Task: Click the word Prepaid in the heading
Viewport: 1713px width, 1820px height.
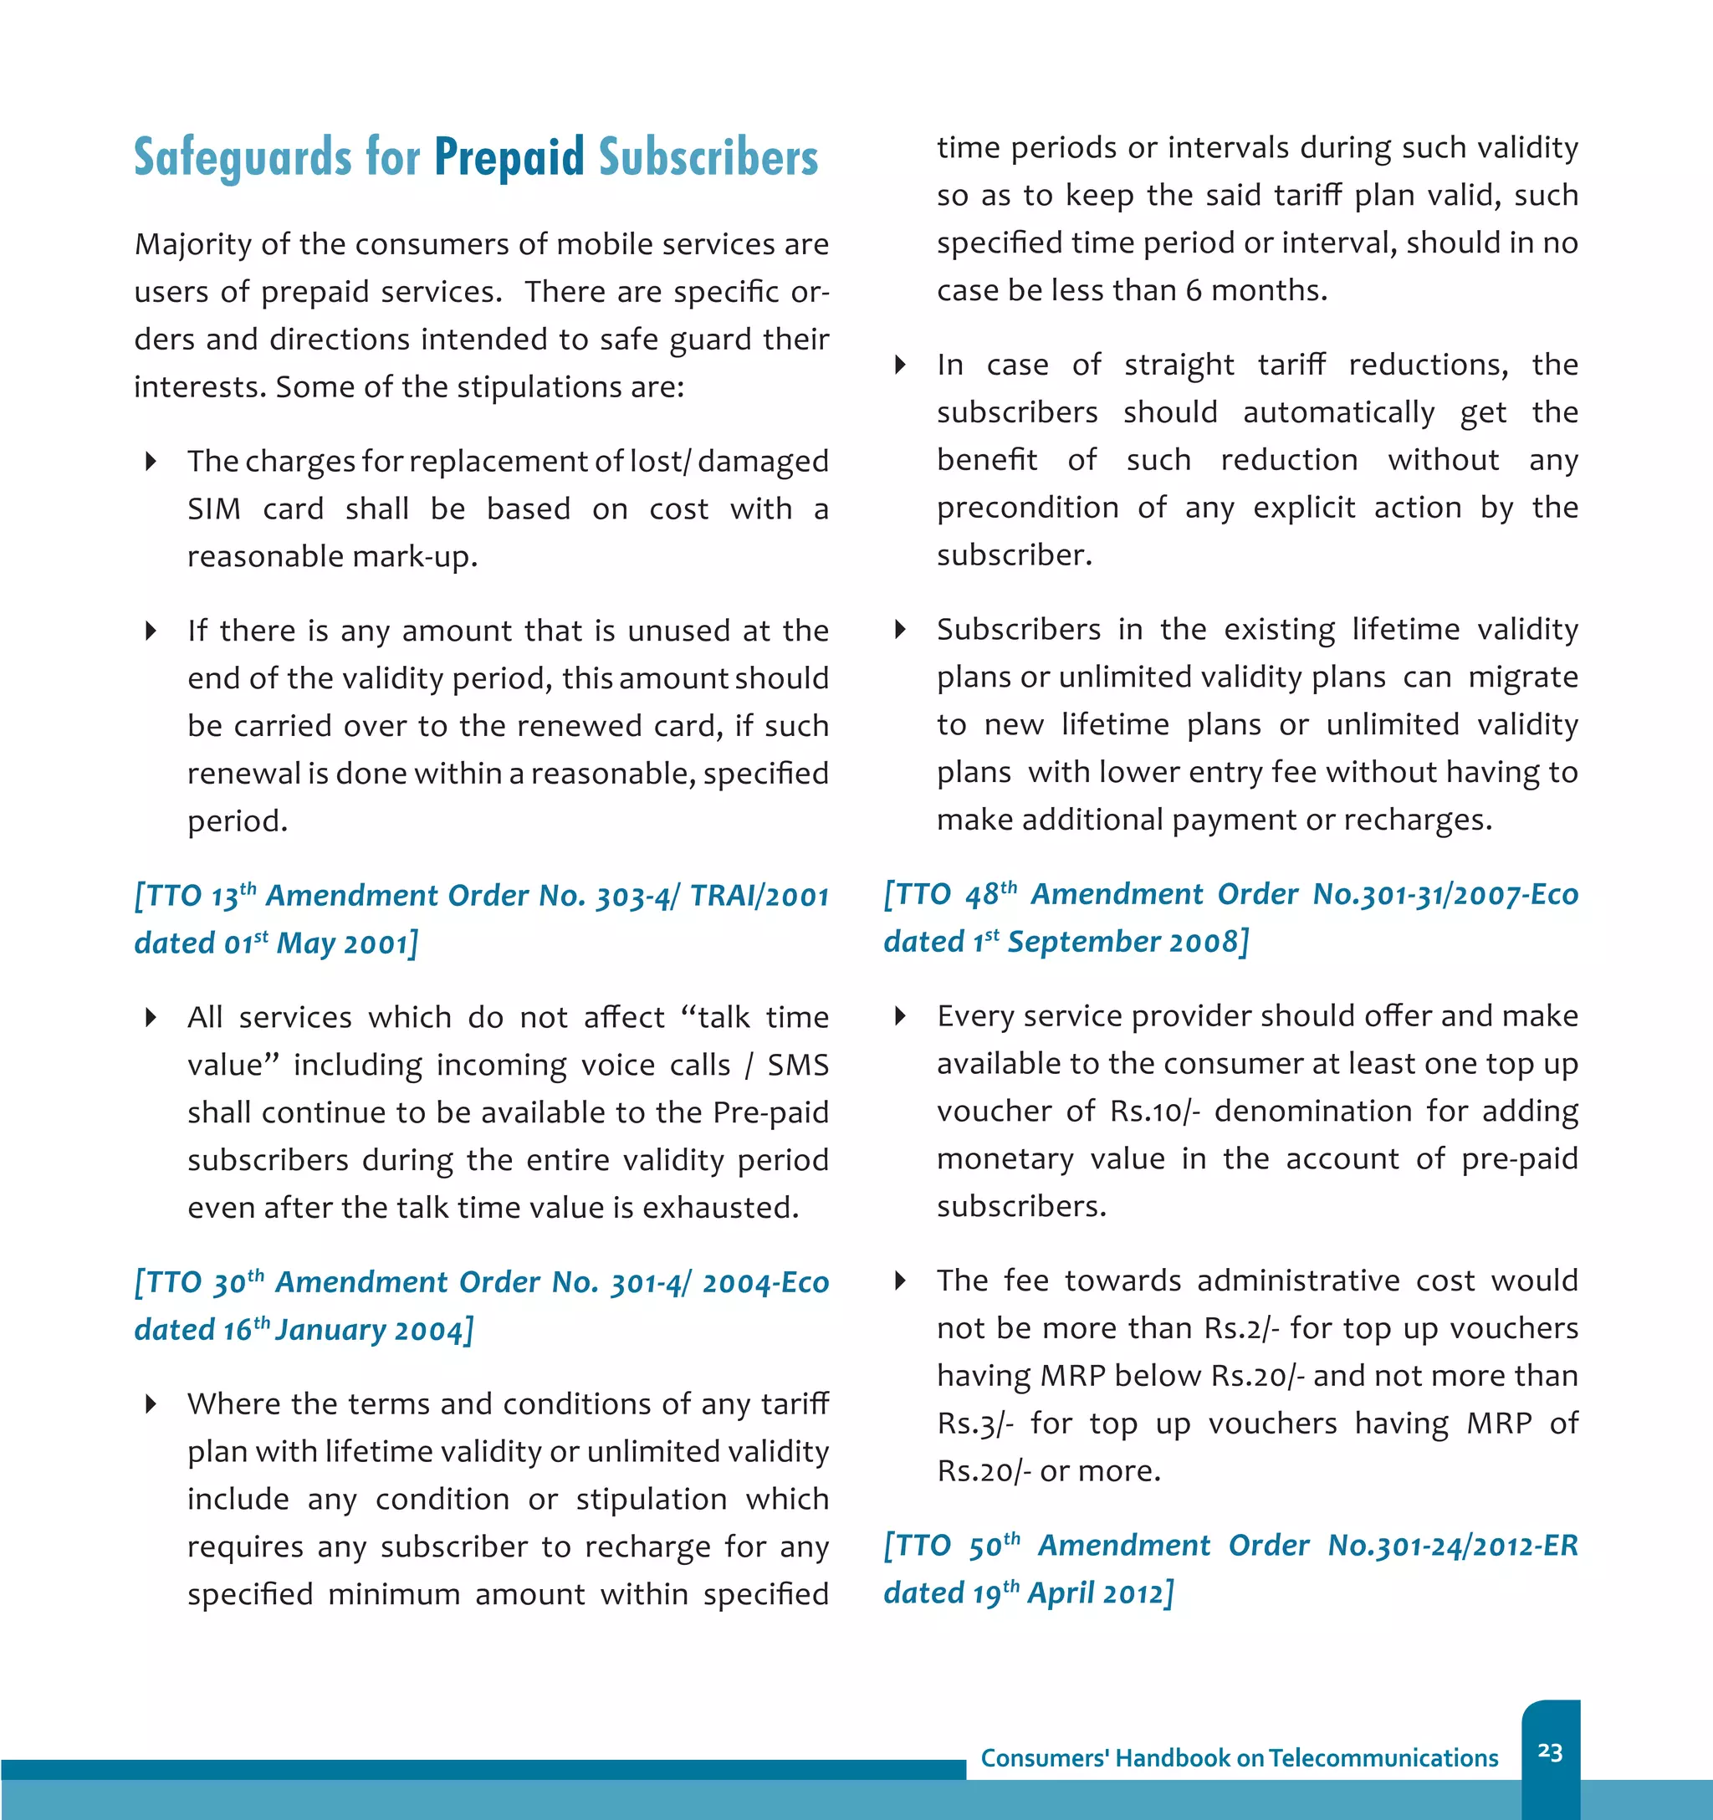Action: click(x=509, y=157)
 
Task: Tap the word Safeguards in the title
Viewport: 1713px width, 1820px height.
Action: click(x=243, y=157)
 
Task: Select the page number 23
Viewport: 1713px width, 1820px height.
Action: click(x=1550, y=1752)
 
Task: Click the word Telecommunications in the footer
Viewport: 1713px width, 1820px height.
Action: click(x=1383, y=1759)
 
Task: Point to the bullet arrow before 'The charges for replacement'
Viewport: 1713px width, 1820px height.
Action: click(x=151, y=462)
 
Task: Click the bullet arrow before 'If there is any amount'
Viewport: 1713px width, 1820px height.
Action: click(x=151, y=631)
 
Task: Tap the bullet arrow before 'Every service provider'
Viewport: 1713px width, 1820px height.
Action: click(x=900, y=1016)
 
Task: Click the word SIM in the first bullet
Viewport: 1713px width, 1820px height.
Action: click(x=214, y=509)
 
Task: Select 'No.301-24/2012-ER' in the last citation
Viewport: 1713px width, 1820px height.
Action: click(x=1453, y=1546)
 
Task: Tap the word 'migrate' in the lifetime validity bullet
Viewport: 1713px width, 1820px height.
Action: click(x=1522, y=677)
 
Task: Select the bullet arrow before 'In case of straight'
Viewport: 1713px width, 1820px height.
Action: click(x=900, y=366)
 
